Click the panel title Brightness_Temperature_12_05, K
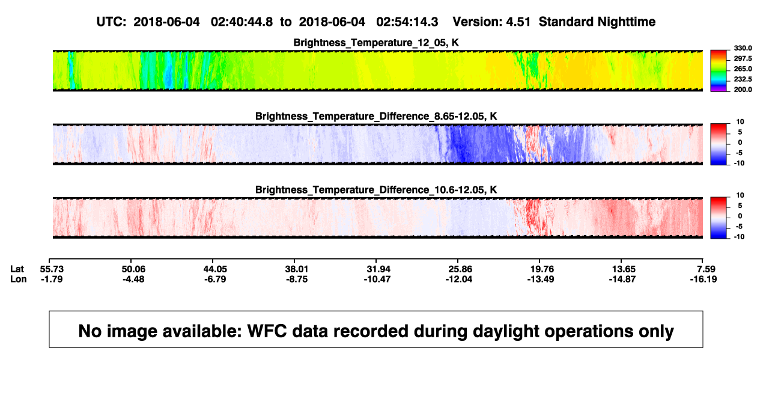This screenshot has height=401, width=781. click(376, 43)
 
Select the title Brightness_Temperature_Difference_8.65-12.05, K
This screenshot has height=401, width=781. click(376, 116)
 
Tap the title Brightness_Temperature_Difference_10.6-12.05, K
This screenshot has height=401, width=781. click(376, 190)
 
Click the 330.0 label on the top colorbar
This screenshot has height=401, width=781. click(743, 48)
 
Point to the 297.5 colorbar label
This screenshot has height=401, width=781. click(743, 58)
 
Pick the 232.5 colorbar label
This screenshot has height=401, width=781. click(743, 79)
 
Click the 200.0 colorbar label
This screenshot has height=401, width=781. click(743, 90)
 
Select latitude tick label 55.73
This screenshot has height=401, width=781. click(52, 269)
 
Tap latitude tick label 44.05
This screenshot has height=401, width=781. click(215, 269)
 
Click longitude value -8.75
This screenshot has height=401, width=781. click(297, 279)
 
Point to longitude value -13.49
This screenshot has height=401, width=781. click(541, 279)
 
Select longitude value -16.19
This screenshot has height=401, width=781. click(704, 279)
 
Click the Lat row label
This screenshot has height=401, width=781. click(17, 269)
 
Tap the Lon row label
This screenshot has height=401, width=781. click(18, 279)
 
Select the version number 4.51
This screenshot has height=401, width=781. click(518, 22)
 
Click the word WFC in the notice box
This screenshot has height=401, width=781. click(267, 331)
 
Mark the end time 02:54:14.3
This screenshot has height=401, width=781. click(407, 22)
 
